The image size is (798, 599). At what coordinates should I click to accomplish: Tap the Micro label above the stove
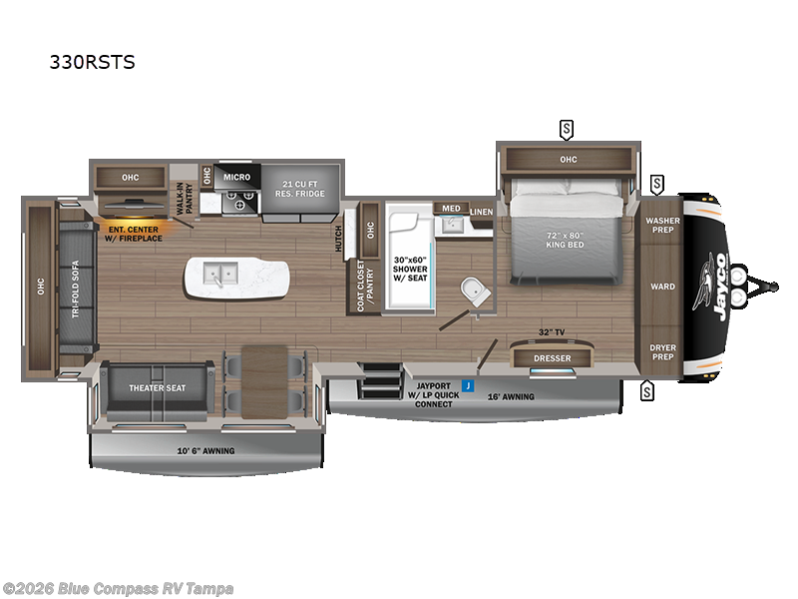pos(236,176)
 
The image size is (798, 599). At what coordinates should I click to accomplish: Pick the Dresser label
pos(552,357)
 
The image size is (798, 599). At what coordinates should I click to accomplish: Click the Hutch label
pos(340,238)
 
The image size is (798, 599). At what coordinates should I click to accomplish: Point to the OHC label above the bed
pos(568,159)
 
